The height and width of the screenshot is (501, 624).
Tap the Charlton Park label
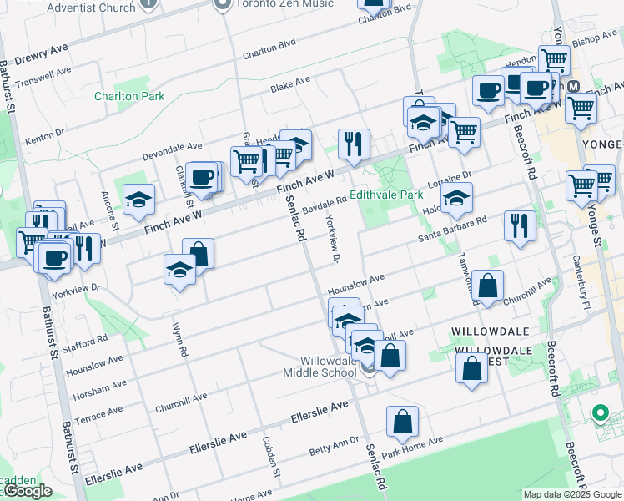[128, 96]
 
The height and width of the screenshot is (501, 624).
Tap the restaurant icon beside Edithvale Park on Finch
[354, 144]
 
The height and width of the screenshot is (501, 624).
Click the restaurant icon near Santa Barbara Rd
[519, 225]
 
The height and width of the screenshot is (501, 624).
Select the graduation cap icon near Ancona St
[138, 199]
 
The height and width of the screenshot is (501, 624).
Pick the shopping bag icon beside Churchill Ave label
[487, 286]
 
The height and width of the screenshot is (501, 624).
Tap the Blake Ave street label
[290, 84]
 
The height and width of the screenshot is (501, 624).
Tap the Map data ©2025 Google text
[572, 494]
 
